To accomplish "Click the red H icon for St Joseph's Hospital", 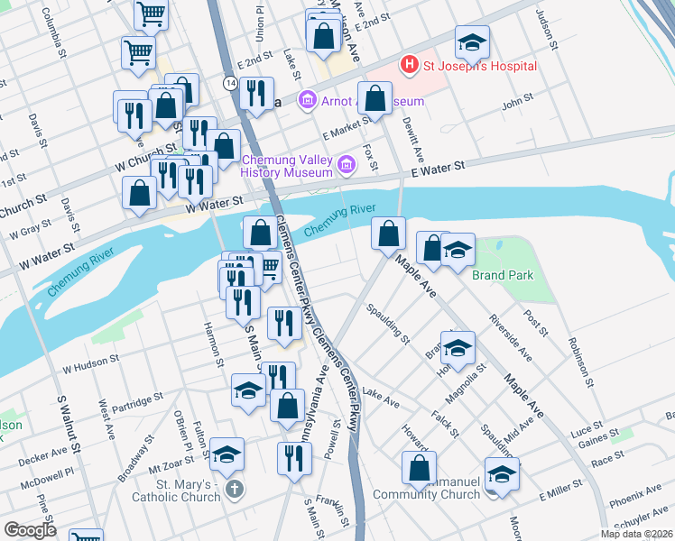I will [411, 65].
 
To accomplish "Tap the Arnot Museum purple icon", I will [307, 100].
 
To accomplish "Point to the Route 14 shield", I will [233, 82].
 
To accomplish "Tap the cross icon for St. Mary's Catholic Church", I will [234, 491].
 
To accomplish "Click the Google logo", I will [30, 530].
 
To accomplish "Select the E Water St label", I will [437, 168].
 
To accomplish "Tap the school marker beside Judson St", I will [472, 42].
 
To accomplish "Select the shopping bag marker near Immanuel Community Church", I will [419, 468].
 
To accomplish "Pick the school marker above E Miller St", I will [503, 473].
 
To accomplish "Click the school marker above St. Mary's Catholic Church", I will [227, 454].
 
